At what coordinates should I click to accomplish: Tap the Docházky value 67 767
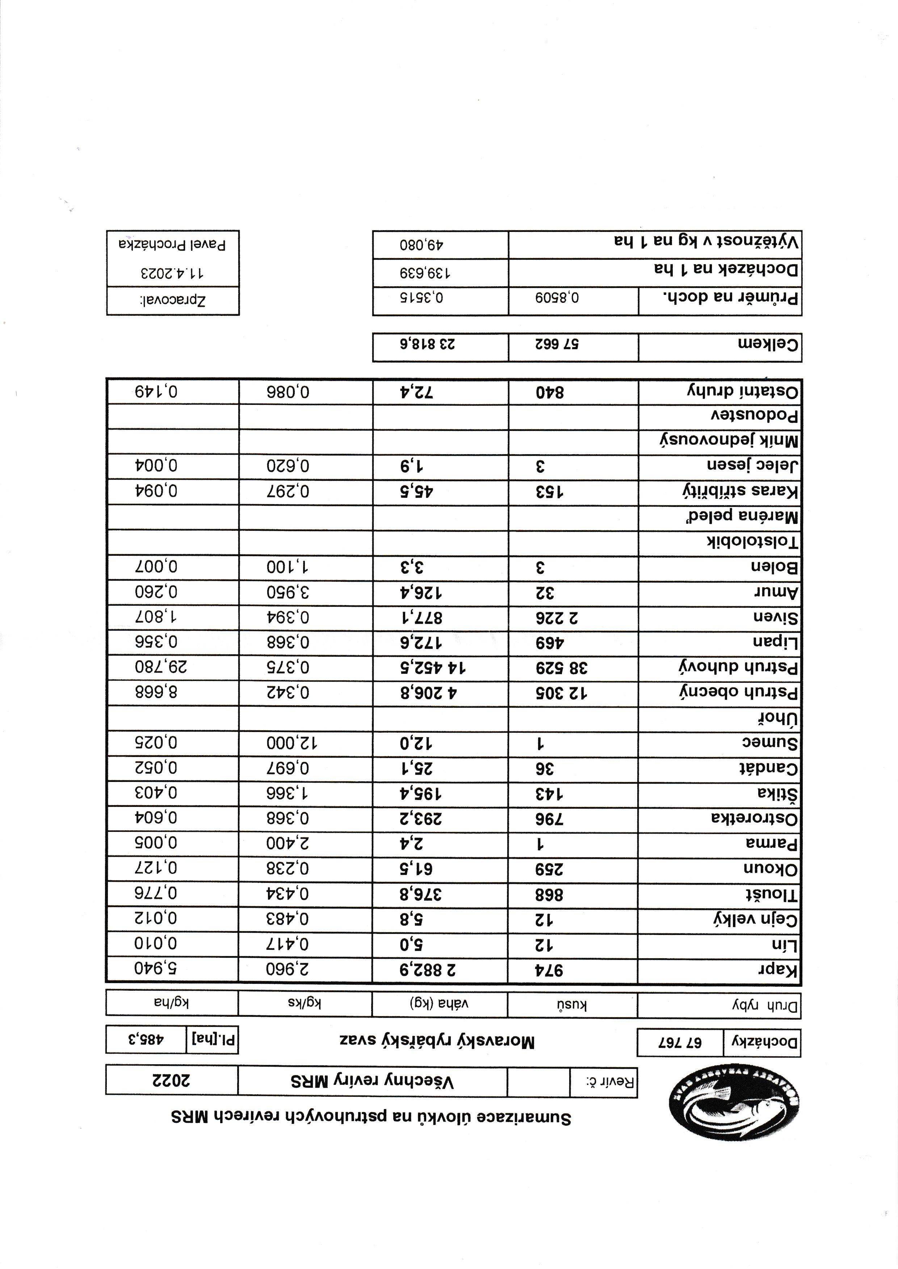click(680, 1042)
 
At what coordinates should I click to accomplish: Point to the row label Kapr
click(779, 970)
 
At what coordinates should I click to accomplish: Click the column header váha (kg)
click(440, 1004)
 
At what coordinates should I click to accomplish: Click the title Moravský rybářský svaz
click(437, 1042)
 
